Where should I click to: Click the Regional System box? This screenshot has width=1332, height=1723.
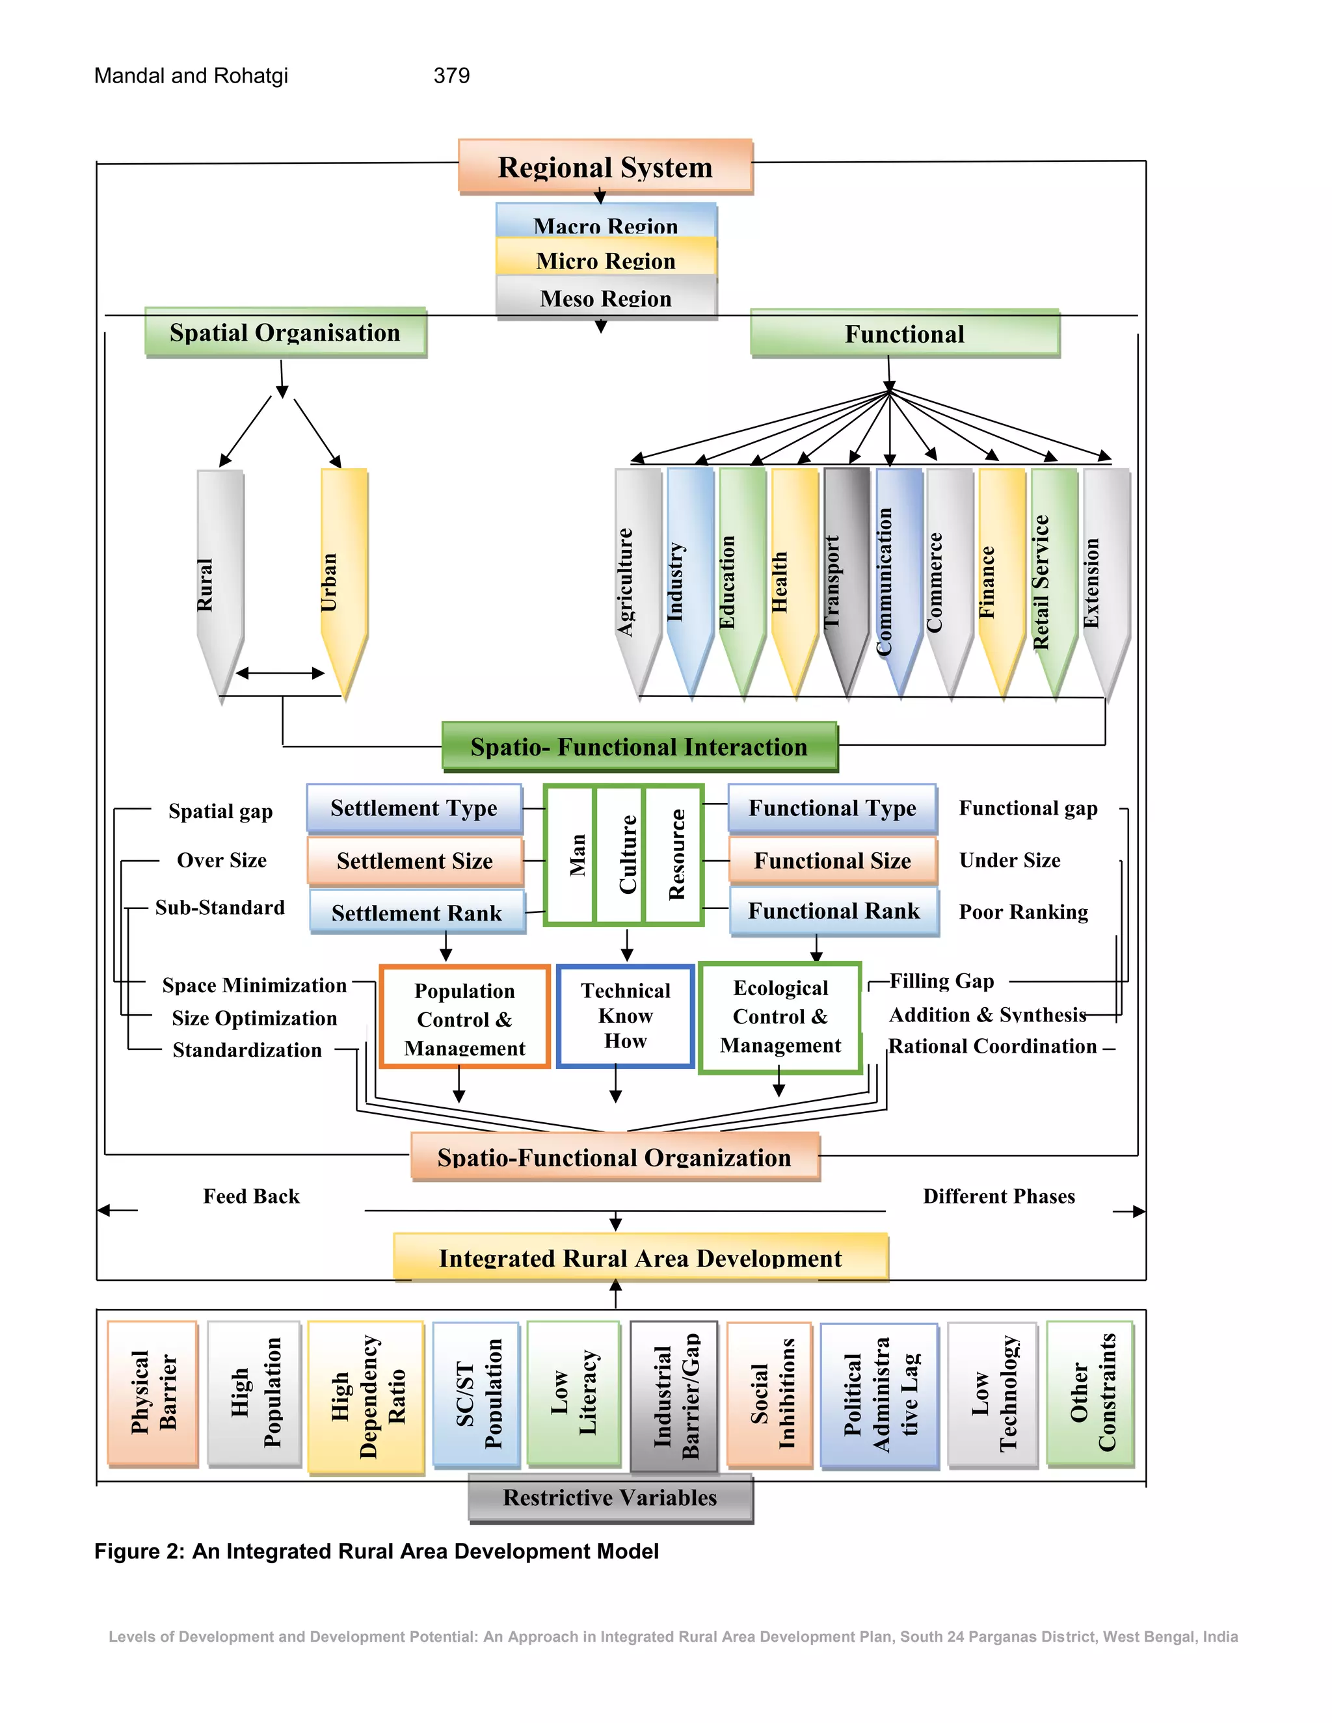coord(606,166)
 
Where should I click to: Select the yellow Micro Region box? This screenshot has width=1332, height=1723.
coord(606,259)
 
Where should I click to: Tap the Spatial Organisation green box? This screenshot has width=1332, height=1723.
coord(285,332)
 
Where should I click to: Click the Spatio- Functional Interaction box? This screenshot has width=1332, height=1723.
coord(639,746)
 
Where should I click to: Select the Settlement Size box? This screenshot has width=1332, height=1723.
coord(415,861)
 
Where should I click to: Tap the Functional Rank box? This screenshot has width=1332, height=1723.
coord(834,911)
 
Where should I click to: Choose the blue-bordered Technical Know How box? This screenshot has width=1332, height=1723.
coord(625,1016)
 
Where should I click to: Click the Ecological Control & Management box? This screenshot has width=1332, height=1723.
coord(780,1017)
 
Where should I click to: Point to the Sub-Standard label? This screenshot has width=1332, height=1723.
coord(219,907)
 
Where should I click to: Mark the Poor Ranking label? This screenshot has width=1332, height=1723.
coord(1024,912)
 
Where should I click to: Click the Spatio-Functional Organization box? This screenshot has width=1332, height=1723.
coord(615,1157)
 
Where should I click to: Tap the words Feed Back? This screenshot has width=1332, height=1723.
coord(251,1196)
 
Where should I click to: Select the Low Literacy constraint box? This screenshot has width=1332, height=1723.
coord(574,1393)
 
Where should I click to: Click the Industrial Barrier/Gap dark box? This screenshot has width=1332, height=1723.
coord(674,1395)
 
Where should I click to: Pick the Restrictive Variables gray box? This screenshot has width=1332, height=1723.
coord(610,1497)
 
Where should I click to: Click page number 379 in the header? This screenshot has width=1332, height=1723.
coord(451,75)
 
